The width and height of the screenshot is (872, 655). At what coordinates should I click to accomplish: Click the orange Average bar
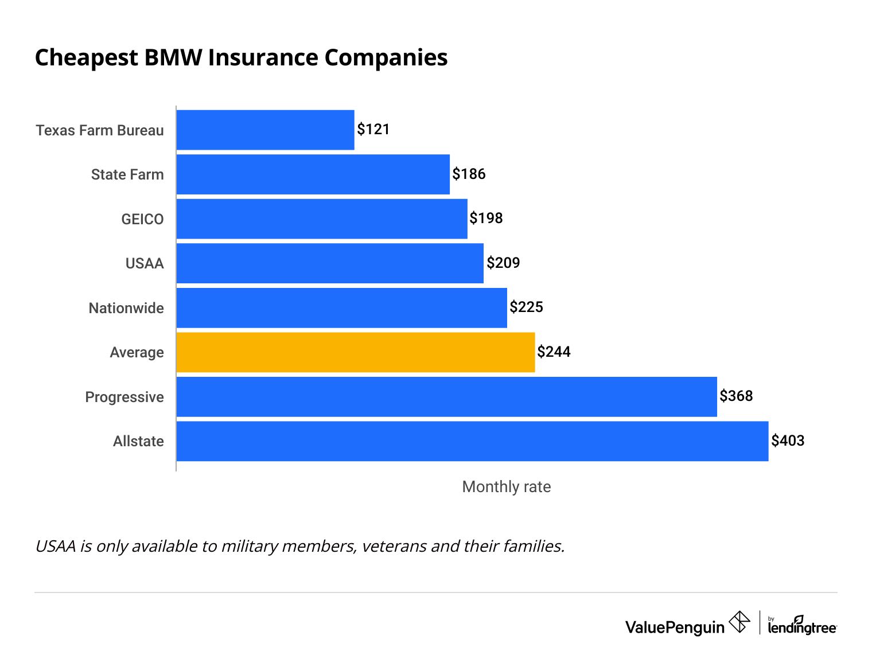tap(356, 352)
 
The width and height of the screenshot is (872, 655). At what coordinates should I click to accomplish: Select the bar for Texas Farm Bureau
tap(265, 130)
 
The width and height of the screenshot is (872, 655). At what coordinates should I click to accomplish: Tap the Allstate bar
tap(472, 441)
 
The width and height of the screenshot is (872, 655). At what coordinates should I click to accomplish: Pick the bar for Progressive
tap(446, 397)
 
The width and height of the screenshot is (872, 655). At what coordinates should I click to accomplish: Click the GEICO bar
tap(322, 219)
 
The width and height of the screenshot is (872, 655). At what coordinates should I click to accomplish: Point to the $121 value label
tap(373, 129)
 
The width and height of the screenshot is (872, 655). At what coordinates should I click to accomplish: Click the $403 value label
tap(788, 440)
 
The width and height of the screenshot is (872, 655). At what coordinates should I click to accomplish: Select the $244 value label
tap(554, 352)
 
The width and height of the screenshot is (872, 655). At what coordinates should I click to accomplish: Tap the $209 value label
tap(503, 263)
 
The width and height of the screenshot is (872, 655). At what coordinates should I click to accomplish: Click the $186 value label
tap(469, 174)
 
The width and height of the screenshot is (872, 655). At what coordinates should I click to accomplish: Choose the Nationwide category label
tap(126, 308)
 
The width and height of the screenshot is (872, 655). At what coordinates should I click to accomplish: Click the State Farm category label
tap(127, 174)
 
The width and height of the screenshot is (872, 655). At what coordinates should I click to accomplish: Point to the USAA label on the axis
tap(145, 263)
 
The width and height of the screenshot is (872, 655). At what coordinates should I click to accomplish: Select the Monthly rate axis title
tap(506, 487)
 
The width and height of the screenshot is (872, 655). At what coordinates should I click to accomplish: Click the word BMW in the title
tap(173, 58)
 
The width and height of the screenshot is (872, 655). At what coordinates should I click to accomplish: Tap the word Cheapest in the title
tap(87, 58)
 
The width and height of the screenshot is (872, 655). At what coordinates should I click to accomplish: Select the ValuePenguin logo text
tap(675, 627)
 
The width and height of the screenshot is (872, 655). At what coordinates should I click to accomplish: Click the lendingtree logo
tap(802, 627)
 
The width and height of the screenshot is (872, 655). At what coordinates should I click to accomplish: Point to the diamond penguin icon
tap(739, 622)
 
